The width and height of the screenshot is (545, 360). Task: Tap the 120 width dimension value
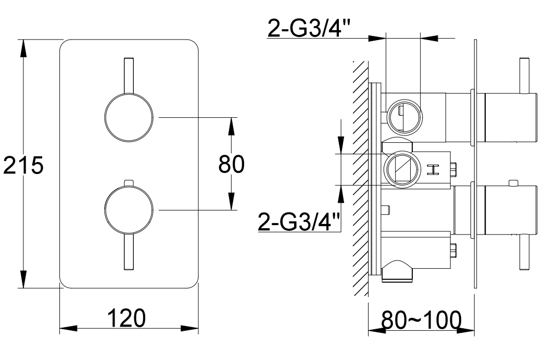tap(126, 318)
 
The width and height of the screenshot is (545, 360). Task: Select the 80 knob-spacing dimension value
tap(232, 164)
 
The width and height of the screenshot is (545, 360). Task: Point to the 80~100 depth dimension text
tap(421, 320)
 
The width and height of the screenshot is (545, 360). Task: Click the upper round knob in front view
tap(129, 117)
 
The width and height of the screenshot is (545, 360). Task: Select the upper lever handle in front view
tap(129, 75)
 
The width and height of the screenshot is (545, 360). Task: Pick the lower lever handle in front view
tap(129, 252)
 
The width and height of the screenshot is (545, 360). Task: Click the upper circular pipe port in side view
tap(404, 116)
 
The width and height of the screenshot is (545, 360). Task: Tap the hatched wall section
tap(360, 178)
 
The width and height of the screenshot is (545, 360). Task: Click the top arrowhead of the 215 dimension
tap(23, 48)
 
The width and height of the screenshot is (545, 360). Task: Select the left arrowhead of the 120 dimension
tap(69, 328)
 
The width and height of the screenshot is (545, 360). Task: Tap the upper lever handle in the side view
tap(524, 76)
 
